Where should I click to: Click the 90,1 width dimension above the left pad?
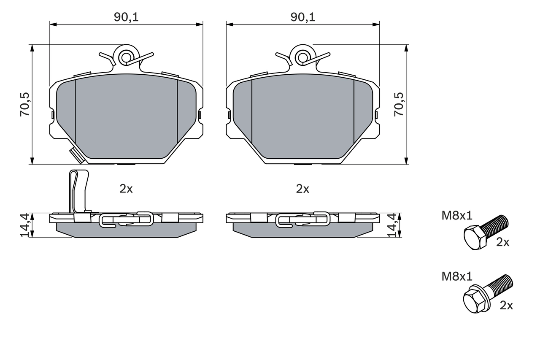point(126,17)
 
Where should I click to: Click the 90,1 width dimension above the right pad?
point(302,17)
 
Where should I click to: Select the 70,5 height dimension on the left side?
point(24,104)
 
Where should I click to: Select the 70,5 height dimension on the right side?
point(398,104)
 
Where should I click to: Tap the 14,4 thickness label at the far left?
point(24,225)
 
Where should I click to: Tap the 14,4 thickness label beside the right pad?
point(392,225)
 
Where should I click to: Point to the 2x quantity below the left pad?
point(126,189)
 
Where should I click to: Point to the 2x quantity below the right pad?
point(302,189)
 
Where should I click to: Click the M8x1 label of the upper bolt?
point(457,216)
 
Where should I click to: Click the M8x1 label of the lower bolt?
point(457,276)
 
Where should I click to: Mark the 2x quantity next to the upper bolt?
point(503,242)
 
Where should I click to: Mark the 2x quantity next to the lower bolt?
point(506,306)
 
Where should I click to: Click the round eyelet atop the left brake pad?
point(126,57)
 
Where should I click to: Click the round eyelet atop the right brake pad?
point(302,57)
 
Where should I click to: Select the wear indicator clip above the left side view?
point(78,190)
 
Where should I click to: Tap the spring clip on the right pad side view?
point(302,219)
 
